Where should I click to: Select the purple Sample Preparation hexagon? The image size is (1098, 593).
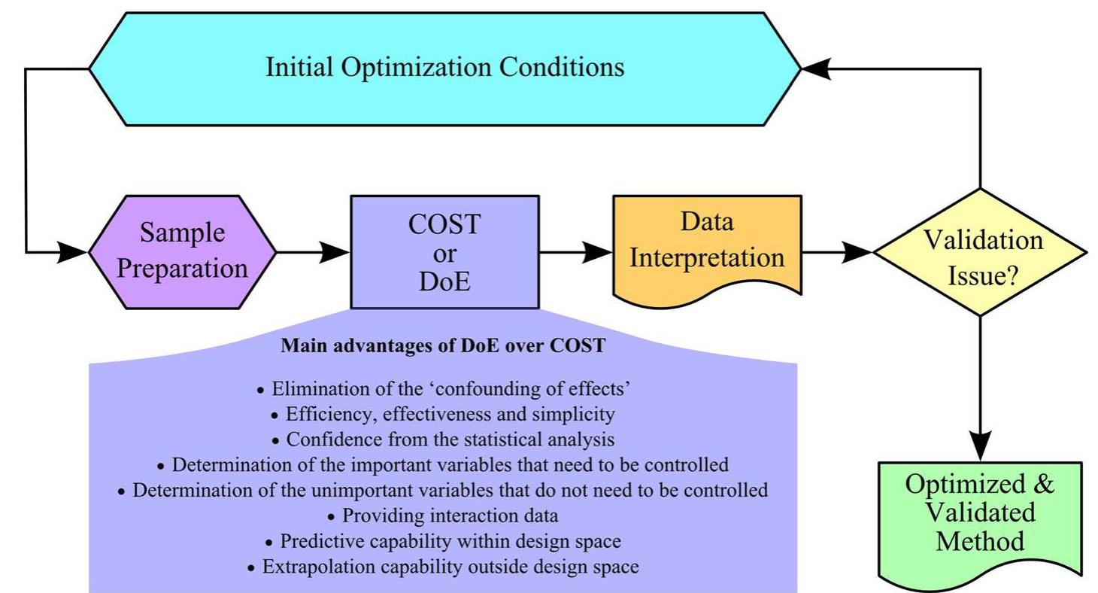183,251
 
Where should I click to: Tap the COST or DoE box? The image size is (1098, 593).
444,251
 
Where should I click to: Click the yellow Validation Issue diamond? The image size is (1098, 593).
981,252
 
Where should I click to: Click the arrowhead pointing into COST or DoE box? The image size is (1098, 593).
335,252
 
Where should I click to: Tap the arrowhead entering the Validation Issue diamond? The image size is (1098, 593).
859,252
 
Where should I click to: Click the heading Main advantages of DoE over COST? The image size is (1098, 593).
443,347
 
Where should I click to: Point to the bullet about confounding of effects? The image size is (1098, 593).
443,390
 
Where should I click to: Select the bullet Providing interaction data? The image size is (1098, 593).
443,515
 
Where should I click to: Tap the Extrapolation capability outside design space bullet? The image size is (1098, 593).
443,566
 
